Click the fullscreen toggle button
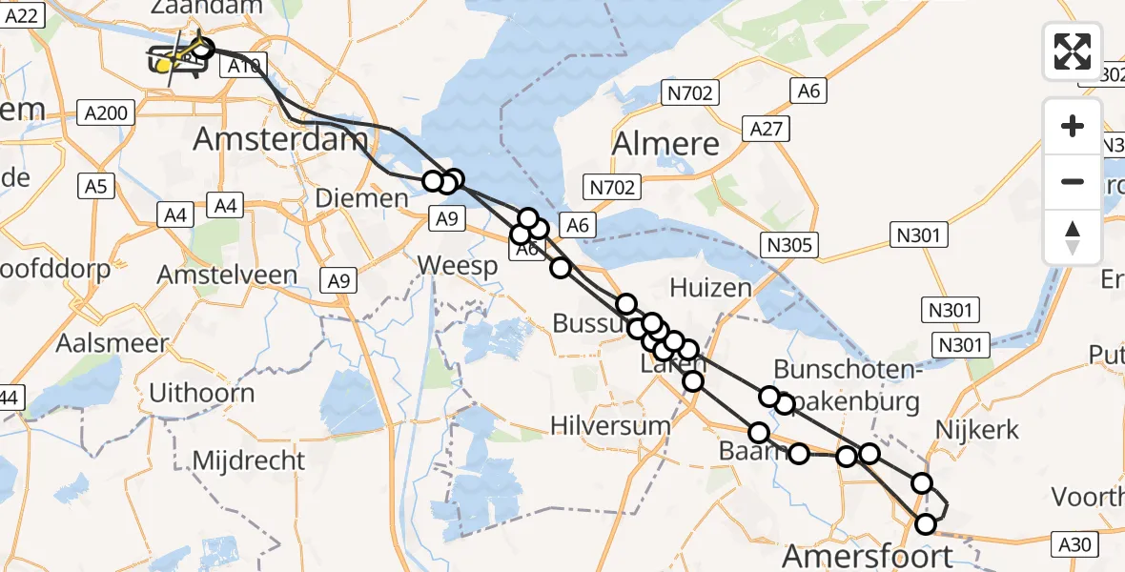1073,51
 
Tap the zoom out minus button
1073,181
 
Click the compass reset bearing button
1073,237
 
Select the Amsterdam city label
280,139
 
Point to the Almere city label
665,144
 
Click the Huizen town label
710,287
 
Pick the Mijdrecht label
249,460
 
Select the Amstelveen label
228,275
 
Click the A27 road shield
767,129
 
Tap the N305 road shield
788,246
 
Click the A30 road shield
1076,544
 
